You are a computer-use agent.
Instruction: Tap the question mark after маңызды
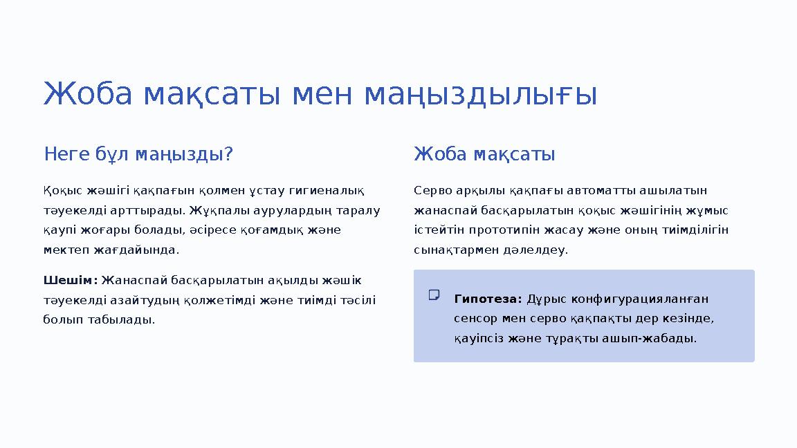pos(228,153)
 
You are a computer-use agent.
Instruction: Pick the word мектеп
pos(62,250)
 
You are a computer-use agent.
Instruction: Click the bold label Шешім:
pos(70,280)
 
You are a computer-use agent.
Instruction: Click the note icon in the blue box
pos(434,295)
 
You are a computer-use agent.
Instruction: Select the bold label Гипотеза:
pos(488,299)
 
